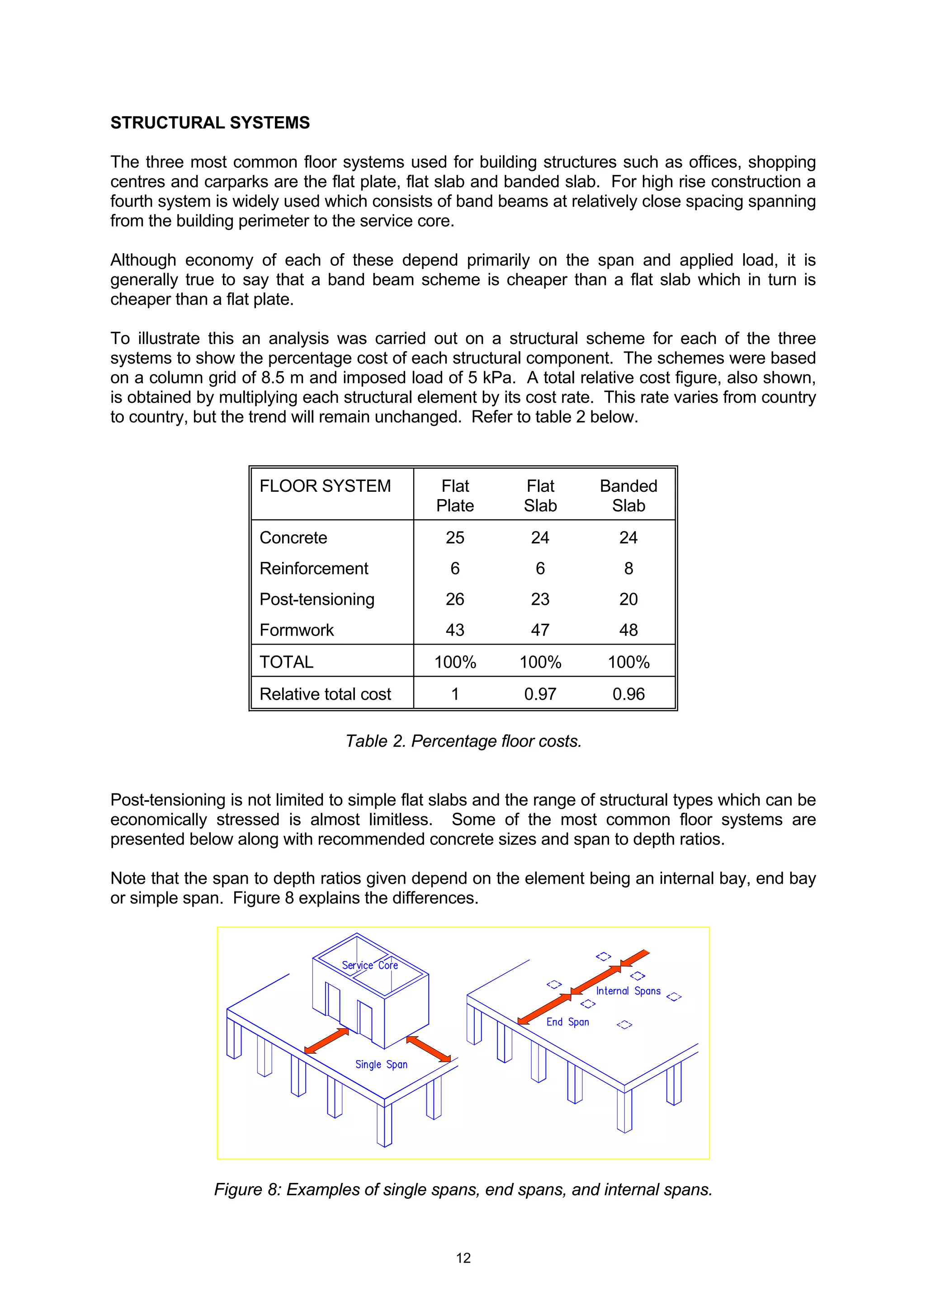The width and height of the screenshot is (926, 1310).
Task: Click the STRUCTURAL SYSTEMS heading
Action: click(x=209, y=123)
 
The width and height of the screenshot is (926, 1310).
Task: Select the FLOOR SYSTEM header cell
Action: click(x=325, y=486)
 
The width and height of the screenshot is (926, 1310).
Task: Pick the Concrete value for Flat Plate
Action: click(x=455, y=537)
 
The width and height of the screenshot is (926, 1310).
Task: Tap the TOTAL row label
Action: click(x=286, y=662)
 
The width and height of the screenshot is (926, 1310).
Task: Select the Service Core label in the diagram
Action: click(x=370, y=966)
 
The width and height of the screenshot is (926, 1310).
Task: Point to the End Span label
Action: click(x=567, y=1022)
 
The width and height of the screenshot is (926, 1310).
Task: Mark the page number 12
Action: click(x=463, y=1258)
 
